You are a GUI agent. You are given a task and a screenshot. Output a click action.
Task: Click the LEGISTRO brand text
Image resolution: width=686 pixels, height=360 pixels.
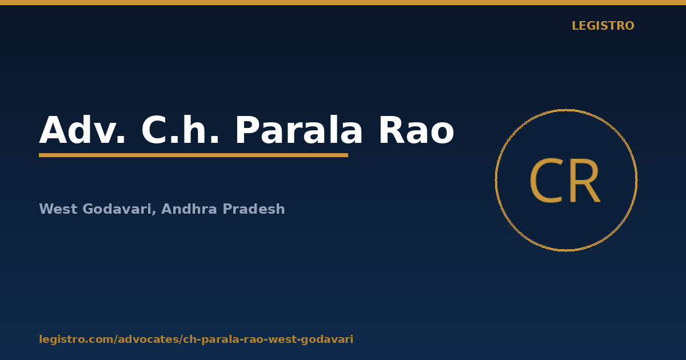pyautogui.click(x=603, y=26)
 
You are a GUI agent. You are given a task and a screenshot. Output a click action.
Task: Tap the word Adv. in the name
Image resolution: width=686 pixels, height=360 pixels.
pyautogui.click(x=82, y=130)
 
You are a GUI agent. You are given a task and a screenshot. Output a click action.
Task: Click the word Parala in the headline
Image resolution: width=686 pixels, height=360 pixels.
pyautogui.click(x=298, y=130)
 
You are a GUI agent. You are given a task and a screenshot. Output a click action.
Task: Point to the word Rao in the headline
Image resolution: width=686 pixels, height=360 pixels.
pyautogui.click(x=417, y=130)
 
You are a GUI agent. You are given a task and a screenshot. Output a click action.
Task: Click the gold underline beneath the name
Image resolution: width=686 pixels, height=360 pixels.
pyautogui.click(x=194, y=155)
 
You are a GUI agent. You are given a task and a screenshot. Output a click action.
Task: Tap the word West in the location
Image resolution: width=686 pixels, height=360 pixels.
pyautogui.click(x=58, y=209)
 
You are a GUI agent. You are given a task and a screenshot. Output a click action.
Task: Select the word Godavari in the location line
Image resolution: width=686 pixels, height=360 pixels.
pyautogui.click(x=117, y=209)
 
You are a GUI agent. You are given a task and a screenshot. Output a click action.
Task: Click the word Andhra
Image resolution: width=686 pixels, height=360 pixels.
pyautogui.click(x=189, y=209)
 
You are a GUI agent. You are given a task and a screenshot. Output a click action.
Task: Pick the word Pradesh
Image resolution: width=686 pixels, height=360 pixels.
pyautogui.click(x=254, y=209)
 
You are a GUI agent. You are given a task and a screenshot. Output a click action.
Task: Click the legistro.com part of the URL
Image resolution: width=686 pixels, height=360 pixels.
pyautogui.click(x=76, y=339)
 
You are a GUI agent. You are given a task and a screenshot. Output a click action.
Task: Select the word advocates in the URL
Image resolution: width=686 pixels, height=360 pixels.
pyautogui.click(x=149, y=339)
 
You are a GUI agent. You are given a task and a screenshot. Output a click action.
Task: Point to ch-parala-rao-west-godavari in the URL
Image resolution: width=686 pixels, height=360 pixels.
pyautogui.click(x=268, y=339)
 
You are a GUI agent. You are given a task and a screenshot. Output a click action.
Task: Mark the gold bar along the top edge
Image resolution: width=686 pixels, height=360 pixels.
pyautogui.click(x=343, y=2)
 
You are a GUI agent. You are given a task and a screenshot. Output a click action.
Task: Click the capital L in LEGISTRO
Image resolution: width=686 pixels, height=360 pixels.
pyautogui.click(x=576, y=26)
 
